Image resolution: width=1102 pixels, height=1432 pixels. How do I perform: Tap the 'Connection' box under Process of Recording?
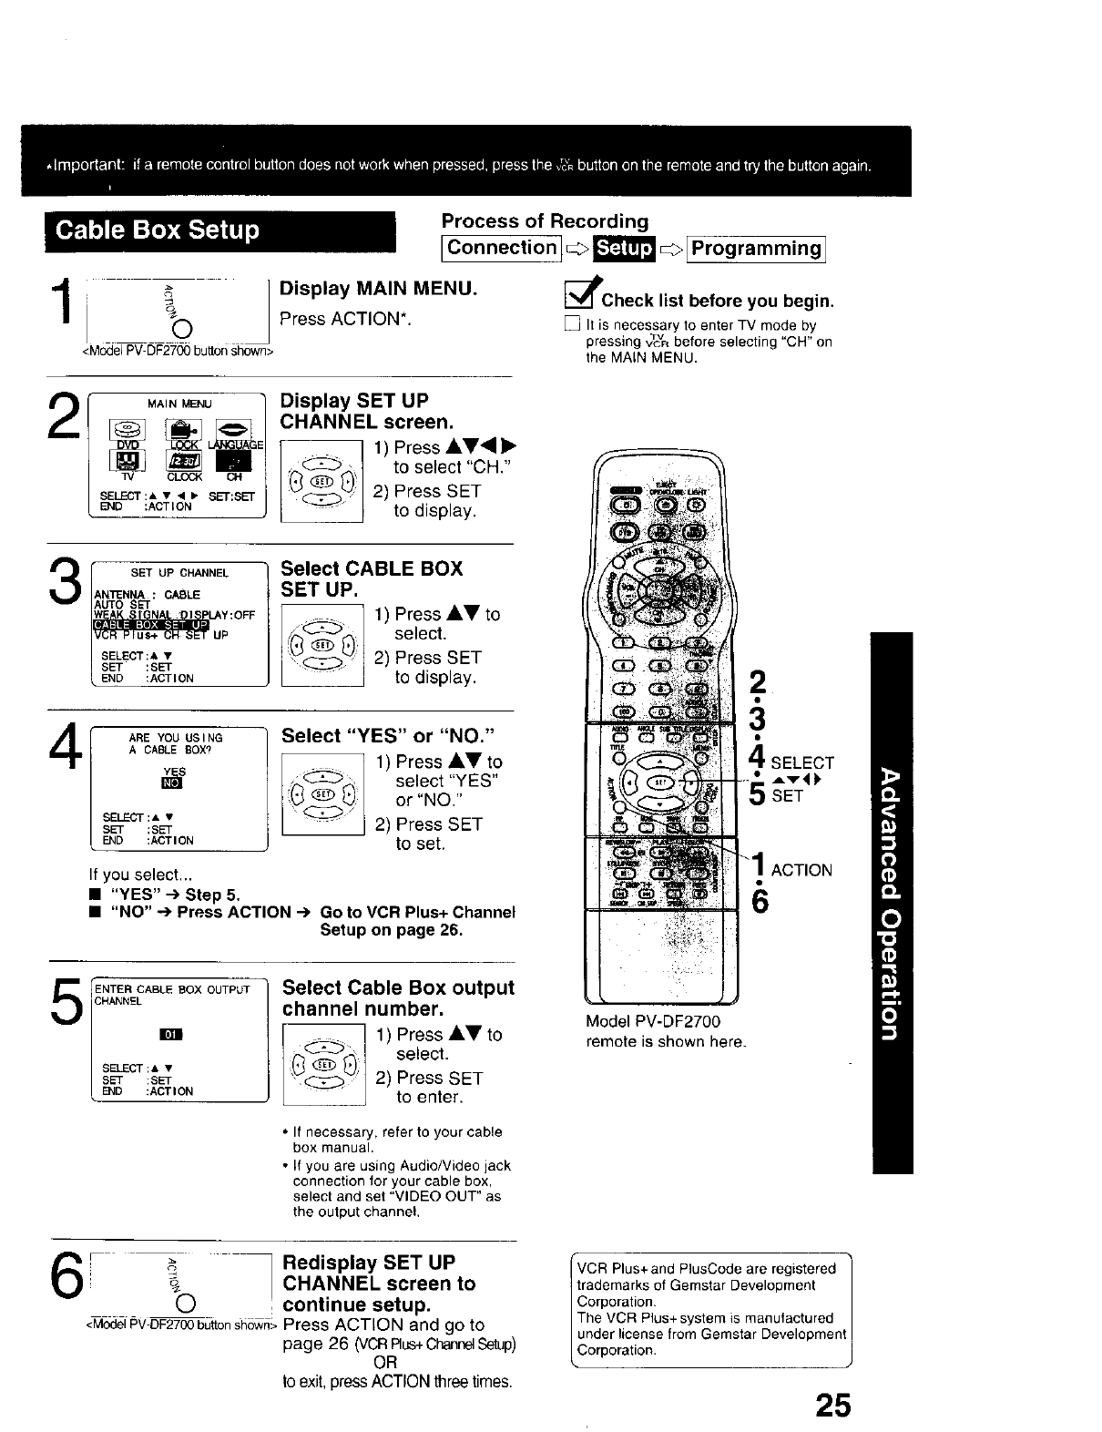pos(501,249)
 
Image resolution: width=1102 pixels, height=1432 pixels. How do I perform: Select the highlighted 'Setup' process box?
pos(624,249)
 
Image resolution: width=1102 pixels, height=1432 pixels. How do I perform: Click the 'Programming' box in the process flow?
pos(757,249)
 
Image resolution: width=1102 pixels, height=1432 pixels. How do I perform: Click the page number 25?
pos(832,1406)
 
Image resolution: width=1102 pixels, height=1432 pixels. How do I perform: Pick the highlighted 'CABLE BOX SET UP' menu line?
pos(151,625)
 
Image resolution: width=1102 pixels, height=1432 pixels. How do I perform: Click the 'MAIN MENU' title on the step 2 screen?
pos(179,404)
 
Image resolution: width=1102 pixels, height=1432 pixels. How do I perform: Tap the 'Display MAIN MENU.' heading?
pos(378,289)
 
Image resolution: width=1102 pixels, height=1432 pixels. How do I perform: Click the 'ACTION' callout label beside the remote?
pos(801,870)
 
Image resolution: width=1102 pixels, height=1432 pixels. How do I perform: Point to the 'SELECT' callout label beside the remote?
pos(802,763)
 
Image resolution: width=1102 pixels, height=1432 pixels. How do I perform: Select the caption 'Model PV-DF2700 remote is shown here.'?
pos(666,1031)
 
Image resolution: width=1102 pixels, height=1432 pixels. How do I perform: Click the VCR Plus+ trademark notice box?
pos(710,1308)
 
